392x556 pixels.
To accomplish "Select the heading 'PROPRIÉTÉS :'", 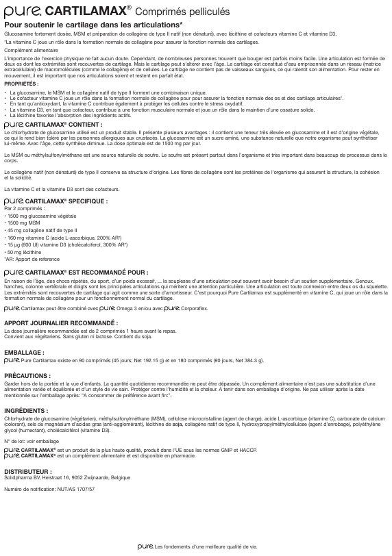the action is [x=21, y=84].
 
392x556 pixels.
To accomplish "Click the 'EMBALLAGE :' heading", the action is [x=25, y=352].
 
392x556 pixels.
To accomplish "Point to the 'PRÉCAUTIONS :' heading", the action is [x=27, y=376].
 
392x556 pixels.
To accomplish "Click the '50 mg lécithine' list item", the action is [x=25, y=253].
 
